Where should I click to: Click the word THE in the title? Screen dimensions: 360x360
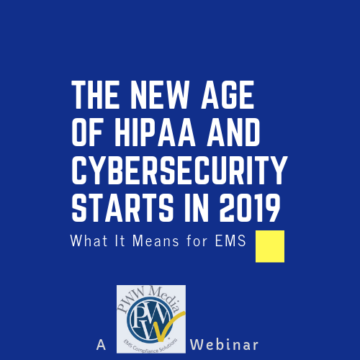tap(96, 95)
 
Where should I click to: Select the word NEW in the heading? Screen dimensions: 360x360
tap(160, 95)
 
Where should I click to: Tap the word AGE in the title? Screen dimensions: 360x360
tap(228, 95)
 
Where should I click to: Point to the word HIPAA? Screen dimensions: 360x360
tap(155, 132)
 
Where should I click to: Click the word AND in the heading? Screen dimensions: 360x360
tap(233, 132)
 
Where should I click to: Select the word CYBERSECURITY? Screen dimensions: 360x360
tap(179, 170)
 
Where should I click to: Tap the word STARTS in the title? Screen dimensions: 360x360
tap(122, 207)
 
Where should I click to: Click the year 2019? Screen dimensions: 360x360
tap(250, 207)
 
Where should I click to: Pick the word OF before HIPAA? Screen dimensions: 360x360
tap(88, 132)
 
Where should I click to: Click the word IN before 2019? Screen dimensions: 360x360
tap(197, 207)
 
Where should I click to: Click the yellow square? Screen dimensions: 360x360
tap(270, 246)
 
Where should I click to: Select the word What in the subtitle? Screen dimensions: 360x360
tap(89, 240)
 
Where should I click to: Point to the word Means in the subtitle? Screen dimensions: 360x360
tap(156, 240)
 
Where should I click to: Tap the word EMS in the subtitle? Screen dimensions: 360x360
tap(230, 240)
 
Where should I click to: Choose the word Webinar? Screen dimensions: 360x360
tap(225, 345)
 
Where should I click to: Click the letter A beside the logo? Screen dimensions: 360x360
tap(101, 345)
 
